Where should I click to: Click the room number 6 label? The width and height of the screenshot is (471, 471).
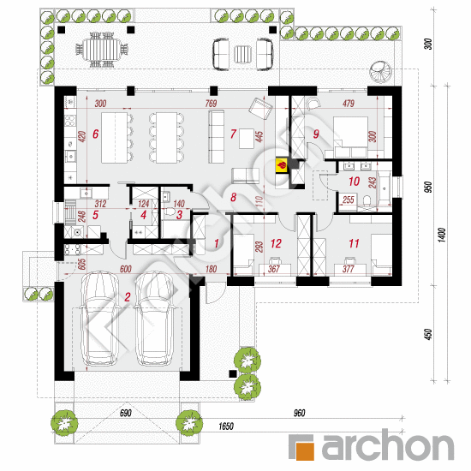[x=96, y=134]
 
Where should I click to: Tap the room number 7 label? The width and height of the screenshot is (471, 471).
[x=232, y=134]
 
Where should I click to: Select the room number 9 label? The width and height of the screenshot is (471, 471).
[x=315, y=134]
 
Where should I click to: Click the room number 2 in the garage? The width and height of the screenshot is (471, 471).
[x=127, y=298]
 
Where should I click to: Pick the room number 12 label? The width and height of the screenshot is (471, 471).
[x=275, y=244]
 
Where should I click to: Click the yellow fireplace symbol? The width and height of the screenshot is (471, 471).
[x=280, y=165]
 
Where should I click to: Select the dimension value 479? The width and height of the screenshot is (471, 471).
[x=348, y=104]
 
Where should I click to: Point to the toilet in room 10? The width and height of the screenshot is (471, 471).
[x=368, y=202]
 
